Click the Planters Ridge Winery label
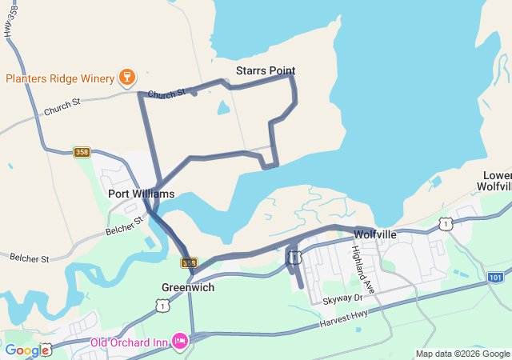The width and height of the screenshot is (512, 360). pyautogui.click(x=60, y=78)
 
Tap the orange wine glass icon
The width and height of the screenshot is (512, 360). pyautogui.click(x=125, y=78)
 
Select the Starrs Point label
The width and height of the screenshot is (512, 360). pyautogui.click(x=266, y=71)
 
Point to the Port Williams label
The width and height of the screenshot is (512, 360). pyautogui.click(x=141, y=194)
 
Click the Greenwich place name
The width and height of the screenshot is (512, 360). pyautogui.click(x=188, y=287)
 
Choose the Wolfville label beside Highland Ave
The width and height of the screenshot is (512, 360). pyautogui.click(x=374, y=234)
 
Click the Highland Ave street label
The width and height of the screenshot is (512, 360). pyautogui.click(x=364, y=268)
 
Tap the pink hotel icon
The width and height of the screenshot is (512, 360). pyautogui.click(x=179, y=342)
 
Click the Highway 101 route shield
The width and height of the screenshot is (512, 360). pyautogui.click(x=496, y=277)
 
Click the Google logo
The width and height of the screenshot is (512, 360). pyautogui.click(x=26, y=350)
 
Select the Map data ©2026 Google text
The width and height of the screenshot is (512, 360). pyautogui.click(x=462, y=354)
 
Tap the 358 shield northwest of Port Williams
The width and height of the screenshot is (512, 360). pyautogui.click(x=82, y=152)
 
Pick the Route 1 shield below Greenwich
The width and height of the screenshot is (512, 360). pyautogui.click(x=162, y=306)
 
